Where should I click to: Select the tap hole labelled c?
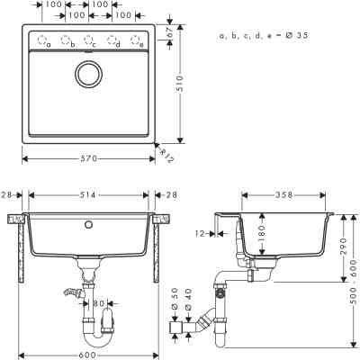click(89, 40)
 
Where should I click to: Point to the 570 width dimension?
click(89, 159)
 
